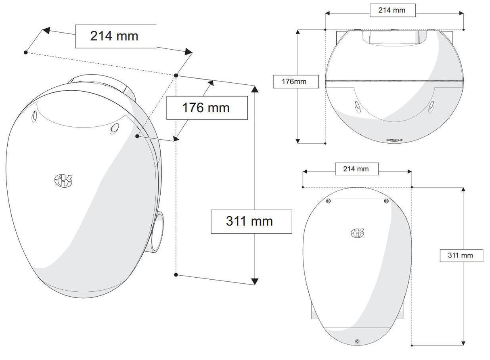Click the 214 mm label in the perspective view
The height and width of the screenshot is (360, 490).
[x=114, y=36]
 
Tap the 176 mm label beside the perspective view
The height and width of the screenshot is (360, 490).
[x=206, y=108]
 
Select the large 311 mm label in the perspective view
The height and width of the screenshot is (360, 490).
[x=249, y=221]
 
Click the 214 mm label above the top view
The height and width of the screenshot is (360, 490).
[x=392, y=10]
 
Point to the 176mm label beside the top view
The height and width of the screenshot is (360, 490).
[x=294, y=82]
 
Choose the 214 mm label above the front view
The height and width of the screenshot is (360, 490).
[x=356, y=169]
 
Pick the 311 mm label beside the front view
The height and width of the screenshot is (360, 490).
[x=460, y=255]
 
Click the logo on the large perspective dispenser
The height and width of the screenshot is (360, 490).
[x=63, y=180]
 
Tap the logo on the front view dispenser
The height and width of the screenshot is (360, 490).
[x=357, y=233]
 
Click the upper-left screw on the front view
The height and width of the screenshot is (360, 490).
[x=328, y=201]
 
